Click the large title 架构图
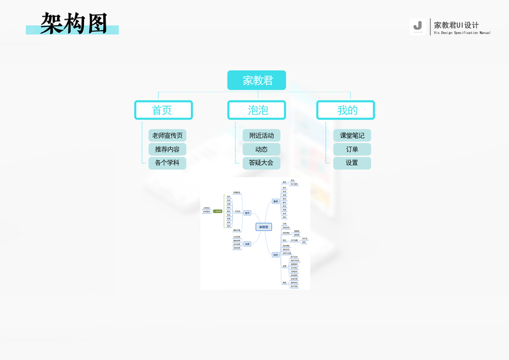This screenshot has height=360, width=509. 74,23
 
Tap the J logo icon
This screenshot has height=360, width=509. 418,26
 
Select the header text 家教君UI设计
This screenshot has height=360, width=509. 456,25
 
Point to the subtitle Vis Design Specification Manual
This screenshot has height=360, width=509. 462,33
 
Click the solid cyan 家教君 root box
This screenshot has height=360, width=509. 256,80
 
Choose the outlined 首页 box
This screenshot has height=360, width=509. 163,110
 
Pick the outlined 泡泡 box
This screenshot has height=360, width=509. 257,110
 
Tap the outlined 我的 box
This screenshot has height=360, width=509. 346,110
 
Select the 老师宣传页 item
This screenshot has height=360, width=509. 167,135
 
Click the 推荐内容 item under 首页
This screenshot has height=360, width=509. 167,149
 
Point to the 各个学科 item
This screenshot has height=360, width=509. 167,163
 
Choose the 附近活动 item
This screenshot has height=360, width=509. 261,135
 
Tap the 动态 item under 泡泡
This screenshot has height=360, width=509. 261,149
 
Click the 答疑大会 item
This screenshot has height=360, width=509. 261,163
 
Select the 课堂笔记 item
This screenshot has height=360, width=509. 352,135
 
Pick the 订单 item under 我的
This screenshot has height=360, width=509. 352,149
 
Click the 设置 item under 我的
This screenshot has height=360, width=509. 352,163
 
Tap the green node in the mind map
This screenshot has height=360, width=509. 217,211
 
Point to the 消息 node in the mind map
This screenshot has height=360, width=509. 247,244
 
